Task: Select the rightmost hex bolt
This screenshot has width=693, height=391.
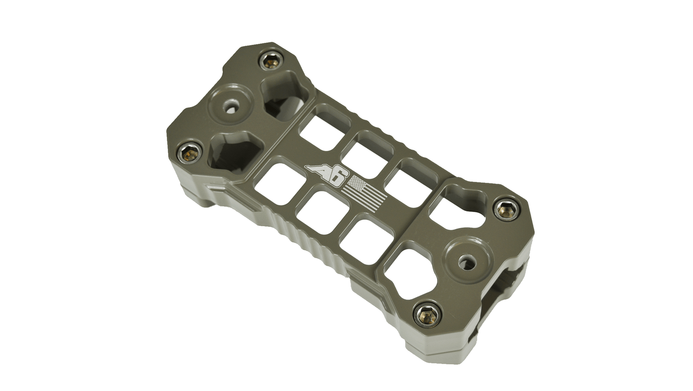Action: point(503,210)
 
